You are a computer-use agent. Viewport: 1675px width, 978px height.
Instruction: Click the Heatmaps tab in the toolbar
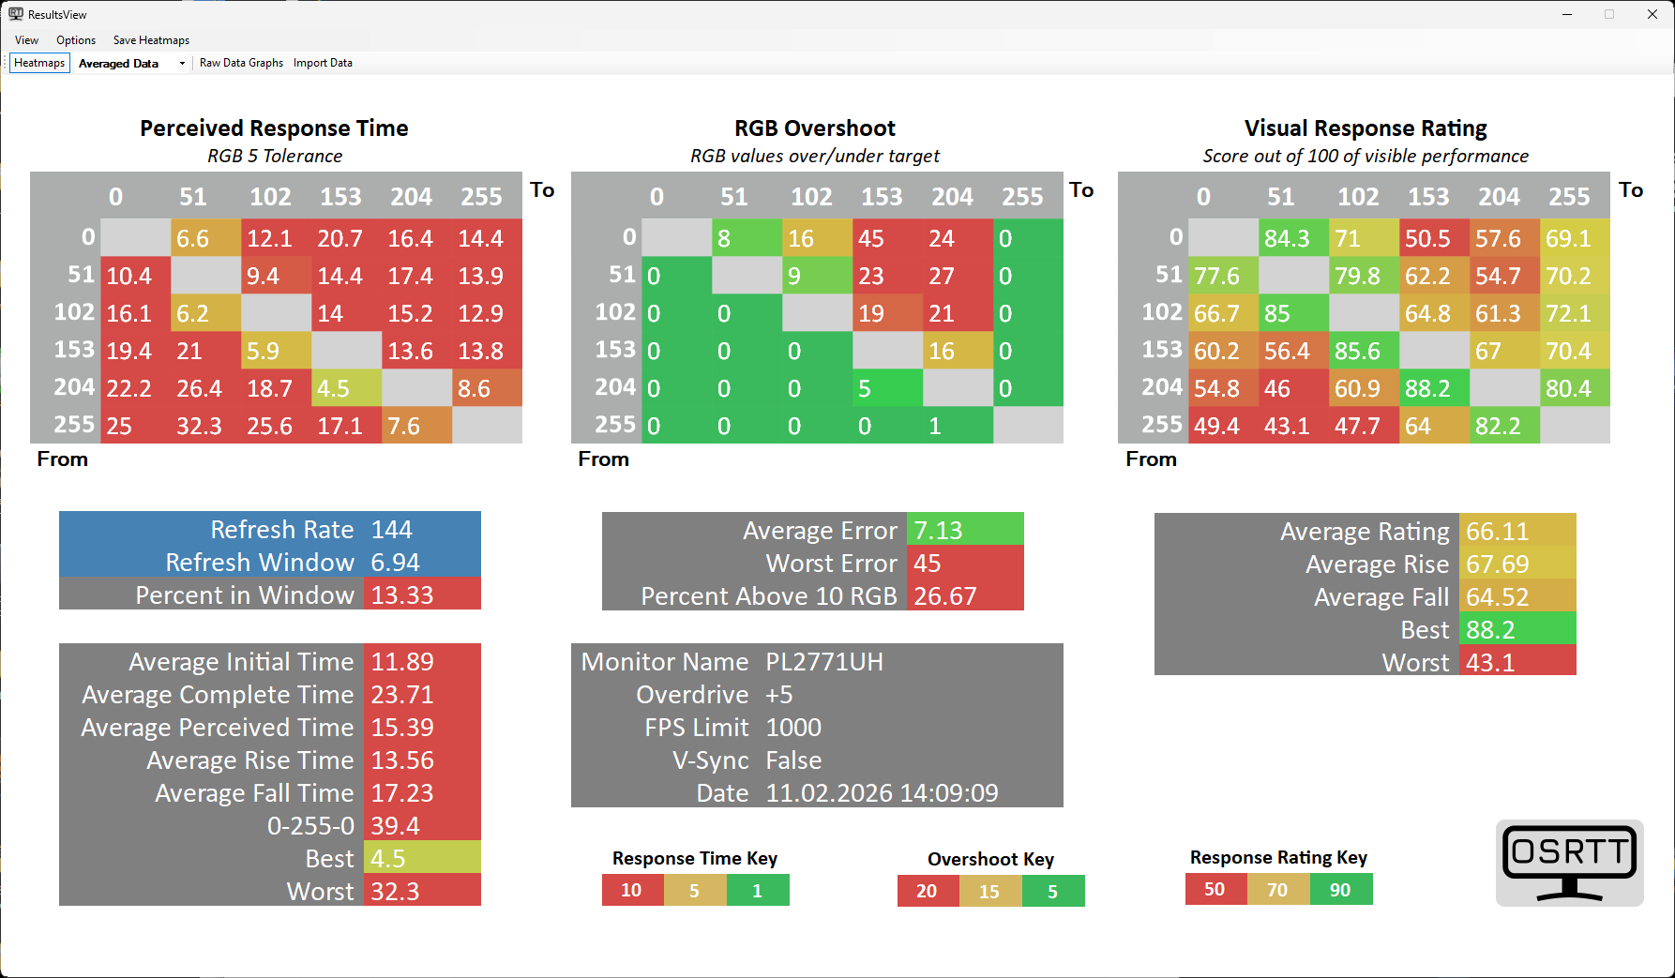click(x=39, y=63)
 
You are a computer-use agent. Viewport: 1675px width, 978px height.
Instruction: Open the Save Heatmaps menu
click(x=151, y=40)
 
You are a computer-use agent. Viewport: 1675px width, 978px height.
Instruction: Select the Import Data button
click(x=323, y=63)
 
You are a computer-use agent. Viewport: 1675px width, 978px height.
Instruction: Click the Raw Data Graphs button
click(x=241, y=63)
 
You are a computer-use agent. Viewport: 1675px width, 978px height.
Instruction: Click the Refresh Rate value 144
click(x=392, y=530)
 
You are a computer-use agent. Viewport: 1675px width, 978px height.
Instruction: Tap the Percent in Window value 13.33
click(x=403, y=595)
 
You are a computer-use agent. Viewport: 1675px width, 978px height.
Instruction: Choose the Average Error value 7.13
click(x=940, y=531)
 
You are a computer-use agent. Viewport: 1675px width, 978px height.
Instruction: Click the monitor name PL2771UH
click(x=824, y=662)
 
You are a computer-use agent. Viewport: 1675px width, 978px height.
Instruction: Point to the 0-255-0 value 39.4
click(x=396, y=826)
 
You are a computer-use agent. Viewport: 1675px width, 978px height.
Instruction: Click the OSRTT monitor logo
click(x=1569, y=863)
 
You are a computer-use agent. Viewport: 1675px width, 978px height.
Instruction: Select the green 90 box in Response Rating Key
click(x=1340, y=890)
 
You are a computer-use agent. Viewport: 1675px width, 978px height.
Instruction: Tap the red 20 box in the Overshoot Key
click(x=927, y=891)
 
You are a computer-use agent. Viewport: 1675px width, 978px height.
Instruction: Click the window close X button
click(x=1652, y=14)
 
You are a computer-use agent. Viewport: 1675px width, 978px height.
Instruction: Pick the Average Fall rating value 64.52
click(x=1498, y=597)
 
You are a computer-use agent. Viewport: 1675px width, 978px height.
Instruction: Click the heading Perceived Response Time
click(x=274, y=128)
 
